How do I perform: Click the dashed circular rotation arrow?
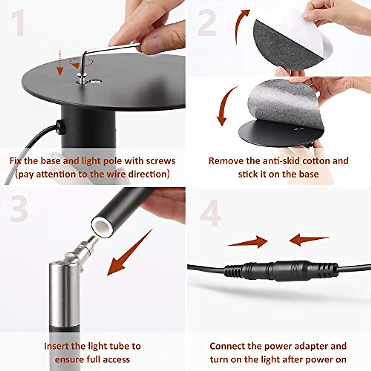pyautogui.click(x=81, y=63)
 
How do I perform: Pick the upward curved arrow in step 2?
pyautogui.click(x=241, y=25)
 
